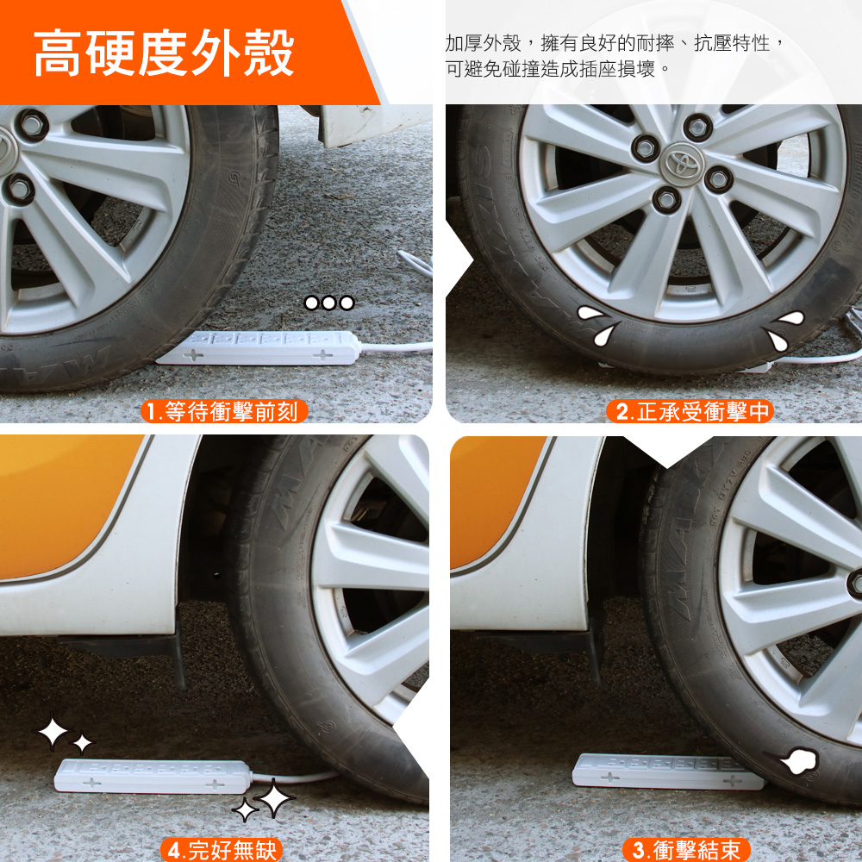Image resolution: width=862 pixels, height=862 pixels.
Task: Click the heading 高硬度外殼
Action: (164, 53)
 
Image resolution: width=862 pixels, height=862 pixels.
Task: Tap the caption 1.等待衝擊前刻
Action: (224, 411)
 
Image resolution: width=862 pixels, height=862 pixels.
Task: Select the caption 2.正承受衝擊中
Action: (690, 411)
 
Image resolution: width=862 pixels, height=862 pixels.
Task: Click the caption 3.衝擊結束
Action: (686, 850)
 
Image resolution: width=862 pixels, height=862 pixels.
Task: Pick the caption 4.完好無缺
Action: (222, 850)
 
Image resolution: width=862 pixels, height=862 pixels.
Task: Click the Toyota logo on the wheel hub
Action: (682, 163)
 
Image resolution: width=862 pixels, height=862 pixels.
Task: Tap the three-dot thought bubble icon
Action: (329, 303)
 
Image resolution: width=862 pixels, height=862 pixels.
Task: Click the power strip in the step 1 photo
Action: (259, 348)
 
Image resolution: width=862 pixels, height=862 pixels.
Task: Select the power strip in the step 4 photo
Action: (153, 776)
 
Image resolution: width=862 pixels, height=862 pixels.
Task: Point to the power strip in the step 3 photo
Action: (666, 771)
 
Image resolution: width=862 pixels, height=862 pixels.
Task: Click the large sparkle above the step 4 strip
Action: (53, 733)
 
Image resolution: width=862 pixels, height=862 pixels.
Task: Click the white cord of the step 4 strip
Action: (294, 777)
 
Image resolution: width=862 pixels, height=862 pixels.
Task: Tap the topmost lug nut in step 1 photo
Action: (32, 125)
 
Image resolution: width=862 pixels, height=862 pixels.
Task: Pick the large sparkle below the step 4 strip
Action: (274, 797)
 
